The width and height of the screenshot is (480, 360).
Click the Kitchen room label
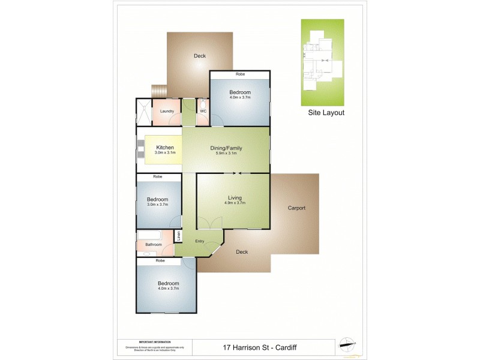click(x=165, y=148)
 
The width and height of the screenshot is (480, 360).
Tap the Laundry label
click(x=167, y=111)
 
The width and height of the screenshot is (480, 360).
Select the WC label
click(x=203, y=111)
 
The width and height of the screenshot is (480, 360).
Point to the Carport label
click(x=296, y=208)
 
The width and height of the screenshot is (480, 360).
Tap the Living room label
click(x=235, y=197)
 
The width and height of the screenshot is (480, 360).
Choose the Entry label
click(x=200, y=241)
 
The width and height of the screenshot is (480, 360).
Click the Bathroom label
click(x=154, y=245)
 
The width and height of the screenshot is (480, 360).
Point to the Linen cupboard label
click(x=178, y=235)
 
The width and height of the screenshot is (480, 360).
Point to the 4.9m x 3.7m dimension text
click(x=235, y=203)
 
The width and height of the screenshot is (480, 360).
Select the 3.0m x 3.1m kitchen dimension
click(x=165, y=154)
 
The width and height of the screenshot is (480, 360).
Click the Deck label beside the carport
click(x=242, y=252)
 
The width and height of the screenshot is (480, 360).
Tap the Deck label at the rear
click(x=200, y=56)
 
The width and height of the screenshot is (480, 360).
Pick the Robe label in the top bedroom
click(x=240, y=74)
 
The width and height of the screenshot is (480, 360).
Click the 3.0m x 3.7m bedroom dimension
click(x=158, y=205)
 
